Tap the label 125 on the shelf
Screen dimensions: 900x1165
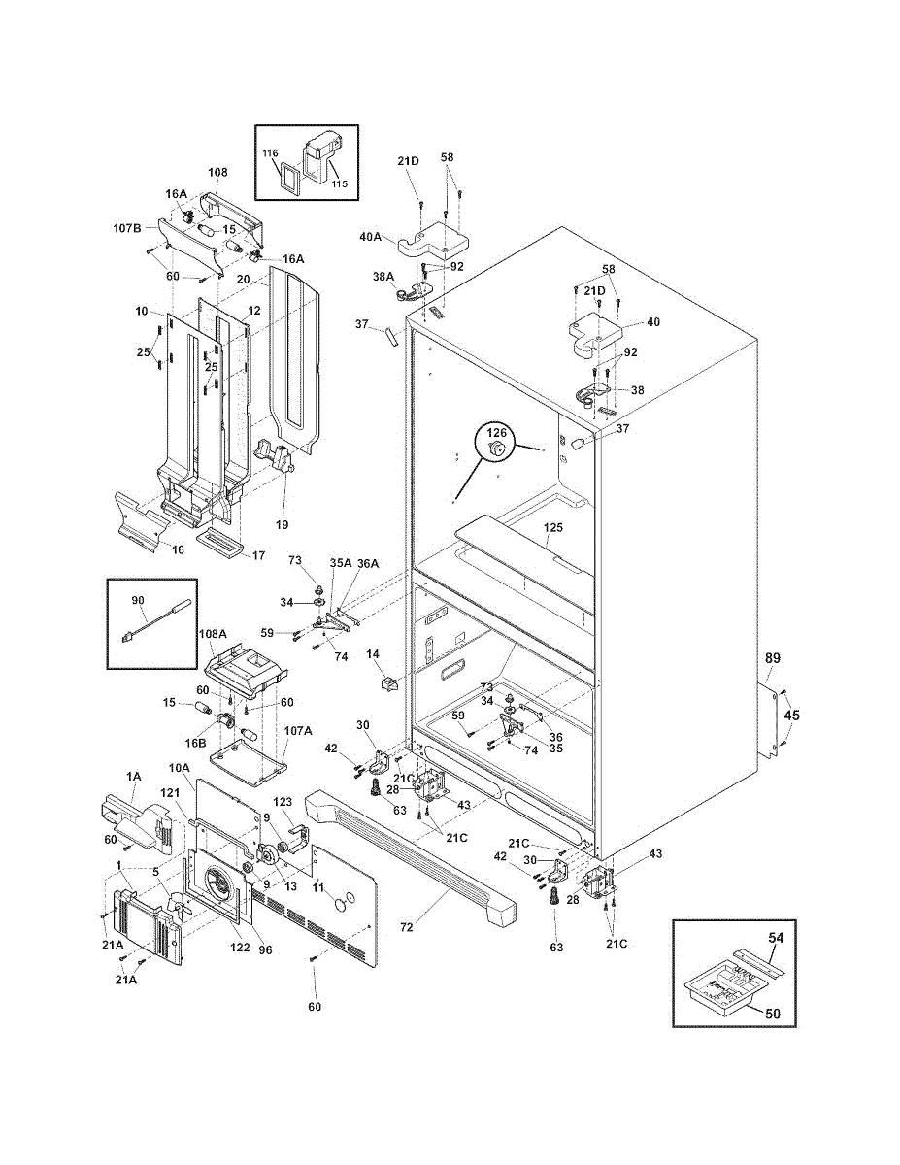553,527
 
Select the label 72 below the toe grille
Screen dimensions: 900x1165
407,926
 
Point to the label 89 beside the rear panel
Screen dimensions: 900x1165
773,658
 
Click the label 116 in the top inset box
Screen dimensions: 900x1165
270,153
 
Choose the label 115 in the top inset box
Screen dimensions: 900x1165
339,183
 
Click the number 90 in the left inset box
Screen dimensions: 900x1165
138,600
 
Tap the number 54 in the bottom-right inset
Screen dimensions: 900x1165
776,937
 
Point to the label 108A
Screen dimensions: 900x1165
213,634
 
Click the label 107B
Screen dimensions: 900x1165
127,228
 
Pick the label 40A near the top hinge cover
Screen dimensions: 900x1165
371,237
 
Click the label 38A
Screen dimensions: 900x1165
383,277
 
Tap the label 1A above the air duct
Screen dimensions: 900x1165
133,776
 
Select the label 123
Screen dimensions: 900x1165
283,802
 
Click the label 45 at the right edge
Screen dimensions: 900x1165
791,715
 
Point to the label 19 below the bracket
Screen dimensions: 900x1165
282,525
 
